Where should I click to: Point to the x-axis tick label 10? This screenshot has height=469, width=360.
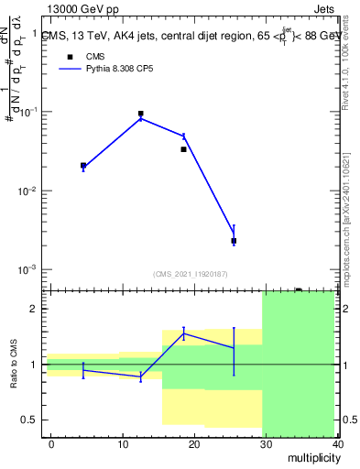point(122,443)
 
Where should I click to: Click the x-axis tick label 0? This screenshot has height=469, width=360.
point(51,443)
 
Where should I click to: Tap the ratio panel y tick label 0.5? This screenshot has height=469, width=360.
point(29,420)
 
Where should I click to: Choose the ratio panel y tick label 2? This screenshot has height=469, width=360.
point(34,309)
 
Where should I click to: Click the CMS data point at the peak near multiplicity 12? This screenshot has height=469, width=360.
point(140,114)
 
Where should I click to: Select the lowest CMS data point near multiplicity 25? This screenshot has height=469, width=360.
point(234,241)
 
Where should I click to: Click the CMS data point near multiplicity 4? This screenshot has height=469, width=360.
point(83,166)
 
